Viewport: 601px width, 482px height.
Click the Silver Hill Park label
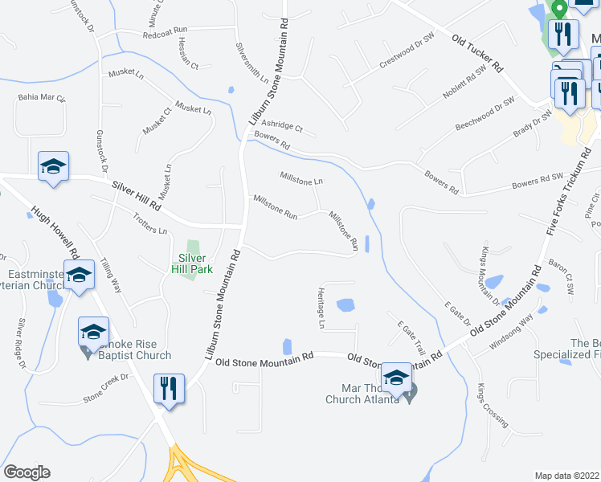pos(191,263)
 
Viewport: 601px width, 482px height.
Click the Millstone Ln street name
pos(300,175)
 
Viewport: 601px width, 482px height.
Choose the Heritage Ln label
pos(321,308)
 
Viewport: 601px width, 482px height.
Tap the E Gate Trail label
pos(410,337)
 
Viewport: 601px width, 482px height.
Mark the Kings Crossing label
pos(492,409)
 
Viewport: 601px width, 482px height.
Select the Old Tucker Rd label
pos(476,55)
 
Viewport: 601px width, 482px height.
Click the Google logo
pos(27,472)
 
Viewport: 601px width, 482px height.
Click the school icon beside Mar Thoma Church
pos(396,377)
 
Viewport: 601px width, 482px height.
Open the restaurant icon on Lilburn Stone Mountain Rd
pos(169,390)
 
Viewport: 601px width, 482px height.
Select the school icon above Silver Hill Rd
pos(53,167)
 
